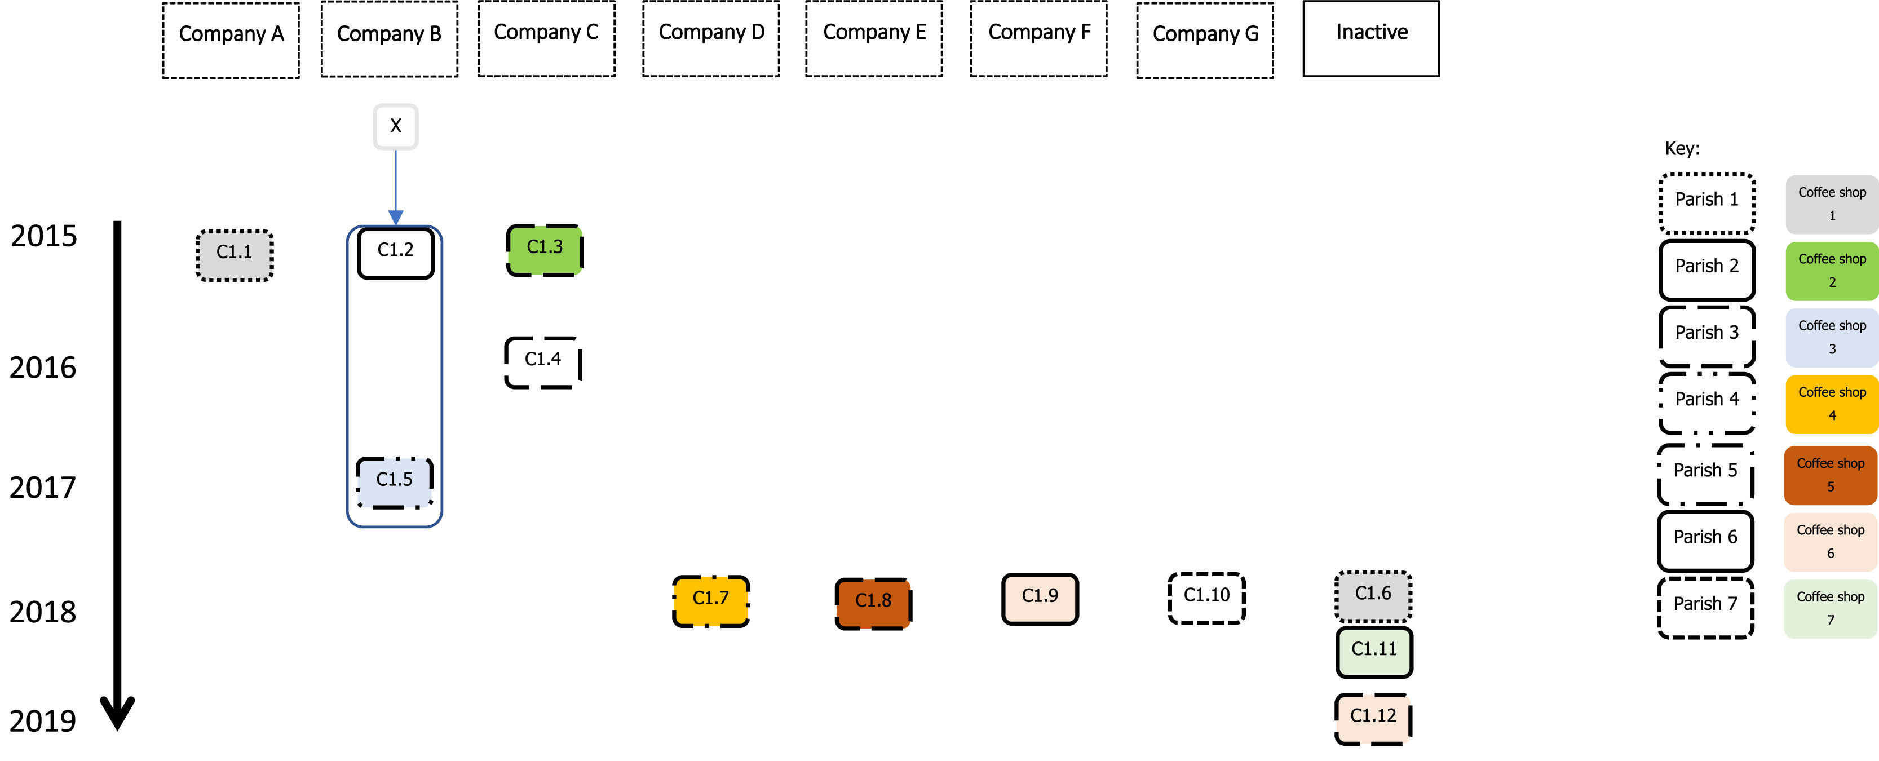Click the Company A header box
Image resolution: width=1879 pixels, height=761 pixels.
point(231,40)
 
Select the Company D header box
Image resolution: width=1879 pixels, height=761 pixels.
point(711,39)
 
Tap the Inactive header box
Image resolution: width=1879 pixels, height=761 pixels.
point(1371,39)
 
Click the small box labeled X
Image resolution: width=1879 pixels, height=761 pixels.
point(395,126)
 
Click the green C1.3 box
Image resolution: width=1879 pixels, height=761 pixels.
point(545,250)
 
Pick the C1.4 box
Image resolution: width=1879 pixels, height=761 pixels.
point(543,362)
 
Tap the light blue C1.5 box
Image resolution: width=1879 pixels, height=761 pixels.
point(395,481)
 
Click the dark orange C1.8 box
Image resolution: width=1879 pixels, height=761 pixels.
point(873,603)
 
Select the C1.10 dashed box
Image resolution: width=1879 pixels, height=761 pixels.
point(1206,598)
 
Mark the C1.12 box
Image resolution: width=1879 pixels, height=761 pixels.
point(1373,719)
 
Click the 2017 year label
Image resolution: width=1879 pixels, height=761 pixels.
point(42,488)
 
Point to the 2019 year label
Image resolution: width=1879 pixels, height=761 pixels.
point(42,721)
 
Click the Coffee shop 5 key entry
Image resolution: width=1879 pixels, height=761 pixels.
point(1830,475)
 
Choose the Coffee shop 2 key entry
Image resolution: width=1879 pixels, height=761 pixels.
point(1832,271)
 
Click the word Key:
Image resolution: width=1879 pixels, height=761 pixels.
point(1681,149)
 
